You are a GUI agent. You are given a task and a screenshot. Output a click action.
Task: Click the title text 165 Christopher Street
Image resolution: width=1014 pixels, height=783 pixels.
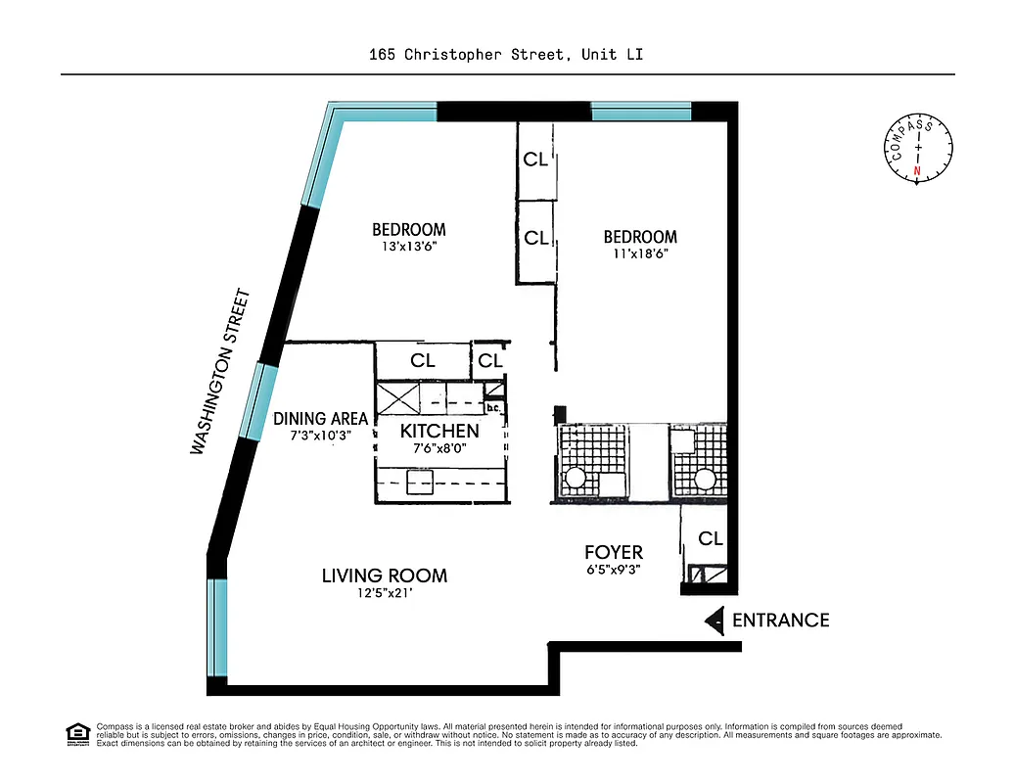467,55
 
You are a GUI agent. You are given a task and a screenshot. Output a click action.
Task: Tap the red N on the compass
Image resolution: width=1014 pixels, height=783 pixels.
917,171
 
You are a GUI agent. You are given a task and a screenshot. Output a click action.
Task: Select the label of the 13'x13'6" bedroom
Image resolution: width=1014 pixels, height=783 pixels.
408,230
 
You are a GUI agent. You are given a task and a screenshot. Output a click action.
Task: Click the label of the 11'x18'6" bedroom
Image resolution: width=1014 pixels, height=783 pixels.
640,237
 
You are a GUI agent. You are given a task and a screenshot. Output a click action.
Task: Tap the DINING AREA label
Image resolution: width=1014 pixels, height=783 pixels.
320,419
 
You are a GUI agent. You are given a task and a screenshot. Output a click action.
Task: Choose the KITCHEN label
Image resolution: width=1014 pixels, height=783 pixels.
439,432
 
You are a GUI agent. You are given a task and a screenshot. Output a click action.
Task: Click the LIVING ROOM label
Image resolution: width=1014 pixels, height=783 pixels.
384,576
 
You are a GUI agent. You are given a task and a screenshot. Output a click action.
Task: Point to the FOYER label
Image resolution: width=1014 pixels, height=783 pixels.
613,553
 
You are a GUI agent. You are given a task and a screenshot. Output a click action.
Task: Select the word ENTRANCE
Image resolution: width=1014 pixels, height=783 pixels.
780,621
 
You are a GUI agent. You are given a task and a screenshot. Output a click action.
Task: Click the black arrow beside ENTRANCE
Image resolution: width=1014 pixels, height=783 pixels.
715,621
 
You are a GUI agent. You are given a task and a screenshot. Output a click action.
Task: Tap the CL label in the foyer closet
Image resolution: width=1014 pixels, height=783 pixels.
711,539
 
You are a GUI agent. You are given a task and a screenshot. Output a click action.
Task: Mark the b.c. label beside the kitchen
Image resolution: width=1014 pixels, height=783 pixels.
493,408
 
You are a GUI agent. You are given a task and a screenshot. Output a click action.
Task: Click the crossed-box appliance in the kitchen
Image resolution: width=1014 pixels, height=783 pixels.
397,398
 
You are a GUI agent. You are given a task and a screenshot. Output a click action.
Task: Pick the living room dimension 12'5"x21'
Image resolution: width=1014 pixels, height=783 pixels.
384,593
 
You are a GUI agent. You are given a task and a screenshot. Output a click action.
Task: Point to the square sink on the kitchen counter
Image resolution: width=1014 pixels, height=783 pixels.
421,484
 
